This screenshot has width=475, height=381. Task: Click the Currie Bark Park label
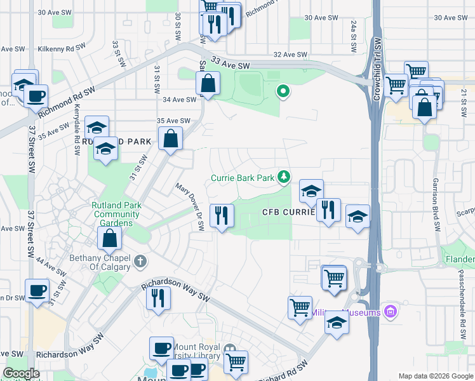click(246, 178)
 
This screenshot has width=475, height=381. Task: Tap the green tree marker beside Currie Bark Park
click(286, 176)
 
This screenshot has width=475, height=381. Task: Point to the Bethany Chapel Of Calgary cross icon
click(140, 260)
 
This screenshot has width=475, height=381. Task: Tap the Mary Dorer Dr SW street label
click(192, 199)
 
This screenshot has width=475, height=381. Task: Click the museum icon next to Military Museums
click(391, 312)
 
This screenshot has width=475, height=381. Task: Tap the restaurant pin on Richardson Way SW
click(158, 298)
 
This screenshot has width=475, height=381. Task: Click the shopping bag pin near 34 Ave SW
click(208, 83)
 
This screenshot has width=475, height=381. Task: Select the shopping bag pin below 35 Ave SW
click(171, 138)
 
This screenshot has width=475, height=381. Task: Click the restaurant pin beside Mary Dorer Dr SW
click(222, 215)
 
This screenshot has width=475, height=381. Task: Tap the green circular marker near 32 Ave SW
click(283, 92)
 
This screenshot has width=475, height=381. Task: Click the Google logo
click(21, 373)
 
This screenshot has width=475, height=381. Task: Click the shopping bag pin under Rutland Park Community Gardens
click(110, 239)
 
